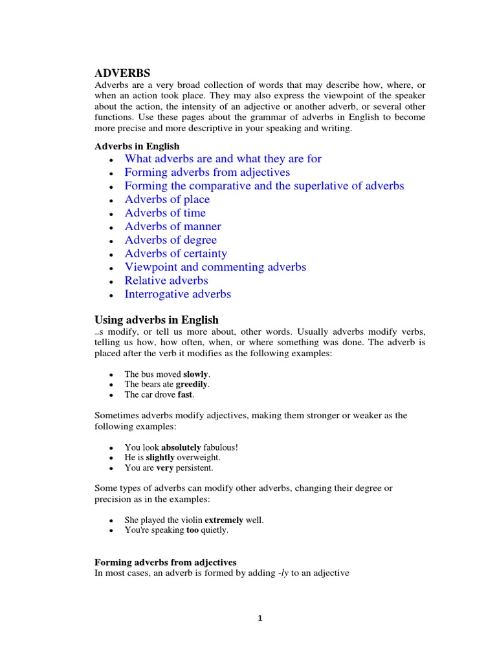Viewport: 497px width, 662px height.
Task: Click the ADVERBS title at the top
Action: point(122,73)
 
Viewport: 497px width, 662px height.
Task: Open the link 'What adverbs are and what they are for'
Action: point(223,158)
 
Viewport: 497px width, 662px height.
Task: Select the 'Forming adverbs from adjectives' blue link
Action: point(207,172)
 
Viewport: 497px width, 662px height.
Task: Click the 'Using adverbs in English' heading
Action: point(157,319)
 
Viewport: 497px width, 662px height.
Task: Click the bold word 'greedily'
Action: point(192,384)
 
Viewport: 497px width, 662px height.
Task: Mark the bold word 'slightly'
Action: point(160,457)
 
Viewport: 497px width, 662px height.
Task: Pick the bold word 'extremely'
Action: point(224,520)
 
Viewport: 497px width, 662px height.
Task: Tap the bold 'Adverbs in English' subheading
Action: point(137,146)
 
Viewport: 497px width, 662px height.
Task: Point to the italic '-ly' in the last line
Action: point(283,572)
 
